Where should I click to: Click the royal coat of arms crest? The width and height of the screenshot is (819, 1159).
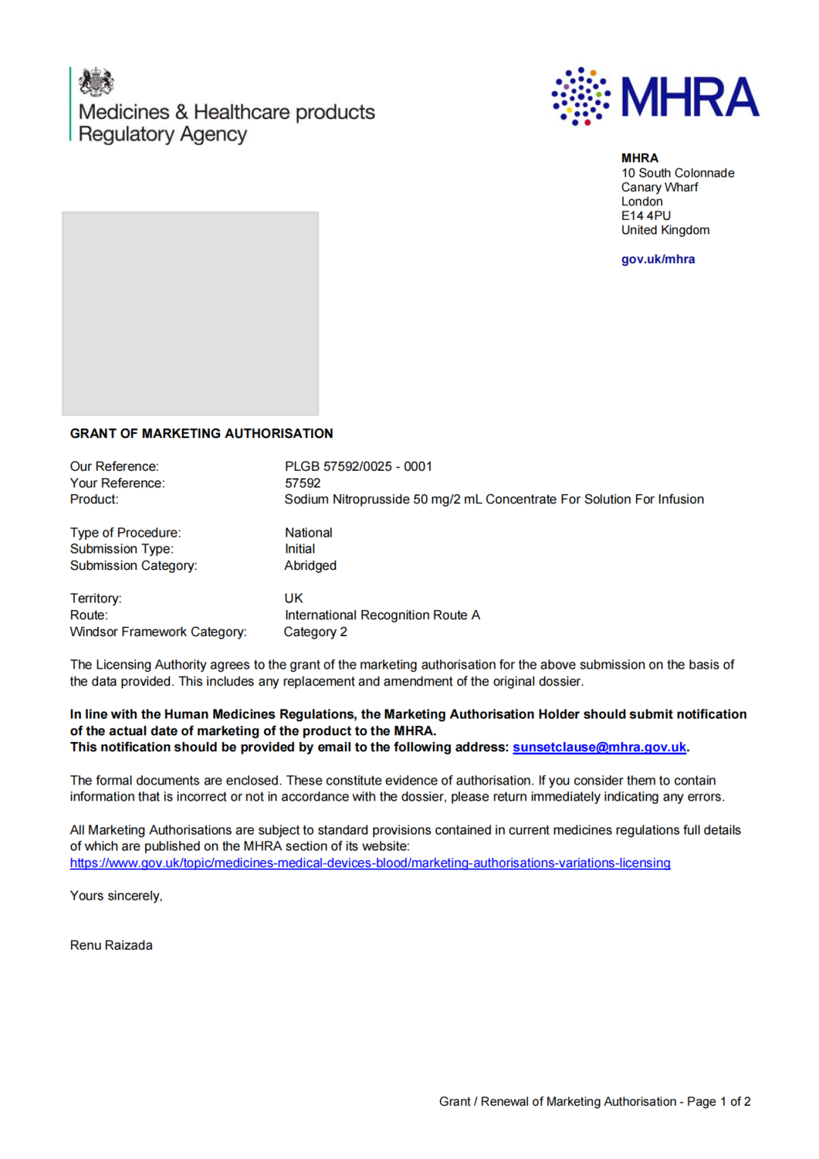[96, 82]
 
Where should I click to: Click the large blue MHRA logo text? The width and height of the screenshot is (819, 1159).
[689, 97]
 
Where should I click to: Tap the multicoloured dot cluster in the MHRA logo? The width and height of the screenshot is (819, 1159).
[580, 96]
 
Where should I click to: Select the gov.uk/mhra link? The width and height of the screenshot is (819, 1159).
[657, 259]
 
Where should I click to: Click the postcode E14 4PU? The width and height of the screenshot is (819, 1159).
[645, 216]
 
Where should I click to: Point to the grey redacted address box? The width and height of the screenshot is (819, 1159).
[190, 313]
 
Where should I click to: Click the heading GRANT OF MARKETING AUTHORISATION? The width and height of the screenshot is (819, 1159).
[201, 434]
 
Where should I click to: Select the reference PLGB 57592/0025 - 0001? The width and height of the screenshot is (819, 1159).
[358, 467]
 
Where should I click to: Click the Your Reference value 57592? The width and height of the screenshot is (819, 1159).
[303, 484]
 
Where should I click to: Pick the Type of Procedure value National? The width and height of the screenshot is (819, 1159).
[309, 533]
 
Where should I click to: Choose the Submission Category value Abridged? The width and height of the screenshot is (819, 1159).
[310, 565]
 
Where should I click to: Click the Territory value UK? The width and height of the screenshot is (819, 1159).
[293, 599]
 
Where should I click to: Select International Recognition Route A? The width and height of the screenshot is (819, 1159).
[382, 616]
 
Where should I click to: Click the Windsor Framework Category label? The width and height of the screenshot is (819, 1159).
[158, 632]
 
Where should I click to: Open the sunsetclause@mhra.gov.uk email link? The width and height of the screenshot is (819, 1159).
[599, 747]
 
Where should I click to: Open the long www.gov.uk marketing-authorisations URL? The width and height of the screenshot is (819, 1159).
[370, 863]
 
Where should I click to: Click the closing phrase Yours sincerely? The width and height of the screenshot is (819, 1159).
[116, 896]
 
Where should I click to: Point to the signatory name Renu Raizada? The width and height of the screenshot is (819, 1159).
[111, 945]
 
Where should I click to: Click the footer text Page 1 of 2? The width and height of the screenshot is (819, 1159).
[718, 1101]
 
